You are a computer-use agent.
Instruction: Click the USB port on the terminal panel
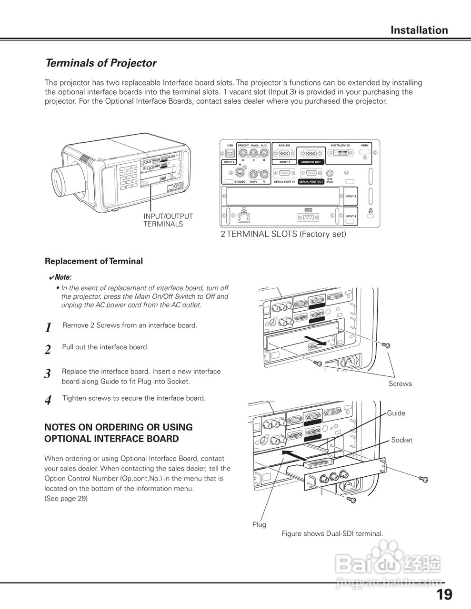(230, 153)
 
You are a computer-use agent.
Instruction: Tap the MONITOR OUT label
(311, 162)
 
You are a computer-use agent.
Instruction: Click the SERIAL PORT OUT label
(311, 182)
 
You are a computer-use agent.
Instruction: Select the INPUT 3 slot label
(351, 196)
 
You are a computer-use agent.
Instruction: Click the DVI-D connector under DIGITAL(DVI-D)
(340, 153)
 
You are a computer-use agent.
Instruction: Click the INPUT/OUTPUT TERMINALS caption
(168, 220)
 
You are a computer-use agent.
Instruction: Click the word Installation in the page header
(419, 30)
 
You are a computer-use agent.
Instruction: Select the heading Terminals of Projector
(100, 63)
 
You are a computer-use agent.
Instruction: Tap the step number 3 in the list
(48, 374)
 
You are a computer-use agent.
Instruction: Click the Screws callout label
(400, 384)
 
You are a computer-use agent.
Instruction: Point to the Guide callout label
(396, 413)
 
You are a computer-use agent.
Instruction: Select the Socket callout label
(401, 440)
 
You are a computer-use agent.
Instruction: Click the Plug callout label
(259, 524)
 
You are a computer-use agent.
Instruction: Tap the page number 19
(444, 594)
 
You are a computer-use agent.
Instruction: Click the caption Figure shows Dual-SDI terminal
(332, 534)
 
